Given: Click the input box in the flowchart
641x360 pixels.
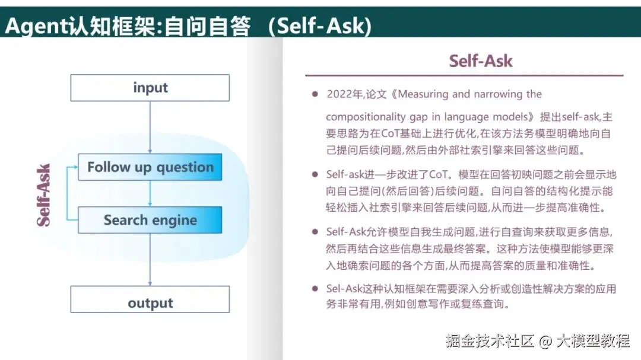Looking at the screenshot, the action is coord(150,88).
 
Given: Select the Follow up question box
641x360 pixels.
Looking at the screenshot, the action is coord(150,167).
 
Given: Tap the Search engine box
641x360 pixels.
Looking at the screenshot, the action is coord(150,220).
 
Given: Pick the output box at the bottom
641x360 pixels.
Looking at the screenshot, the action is coord(150,300).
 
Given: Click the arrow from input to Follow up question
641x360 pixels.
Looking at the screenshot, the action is coord(150,128).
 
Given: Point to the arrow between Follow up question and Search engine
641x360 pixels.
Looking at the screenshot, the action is coord(150,193).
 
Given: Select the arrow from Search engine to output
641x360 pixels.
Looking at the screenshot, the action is coord(150,260).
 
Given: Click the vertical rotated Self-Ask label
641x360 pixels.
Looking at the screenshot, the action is coord(43,195).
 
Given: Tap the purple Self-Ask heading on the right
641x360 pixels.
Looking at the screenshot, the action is coord(480,61).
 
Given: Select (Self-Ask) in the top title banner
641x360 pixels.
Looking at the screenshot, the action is coord(320,26).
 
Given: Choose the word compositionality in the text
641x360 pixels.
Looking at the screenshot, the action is coord(366,117).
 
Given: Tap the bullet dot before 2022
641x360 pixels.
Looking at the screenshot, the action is coord(315,94).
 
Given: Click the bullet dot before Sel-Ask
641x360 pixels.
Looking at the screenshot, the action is coord(315,288).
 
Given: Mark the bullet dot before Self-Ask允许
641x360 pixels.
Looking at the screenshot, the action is coord(315,232).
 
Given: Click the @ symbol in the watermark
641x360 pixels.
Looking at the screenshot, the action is coord(545,341).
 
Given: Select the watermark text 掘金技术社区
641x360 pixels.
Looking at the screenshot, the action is coord(490,341).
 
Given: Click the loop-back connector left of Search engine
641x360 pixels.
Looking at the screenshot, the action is coord(68,193).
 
